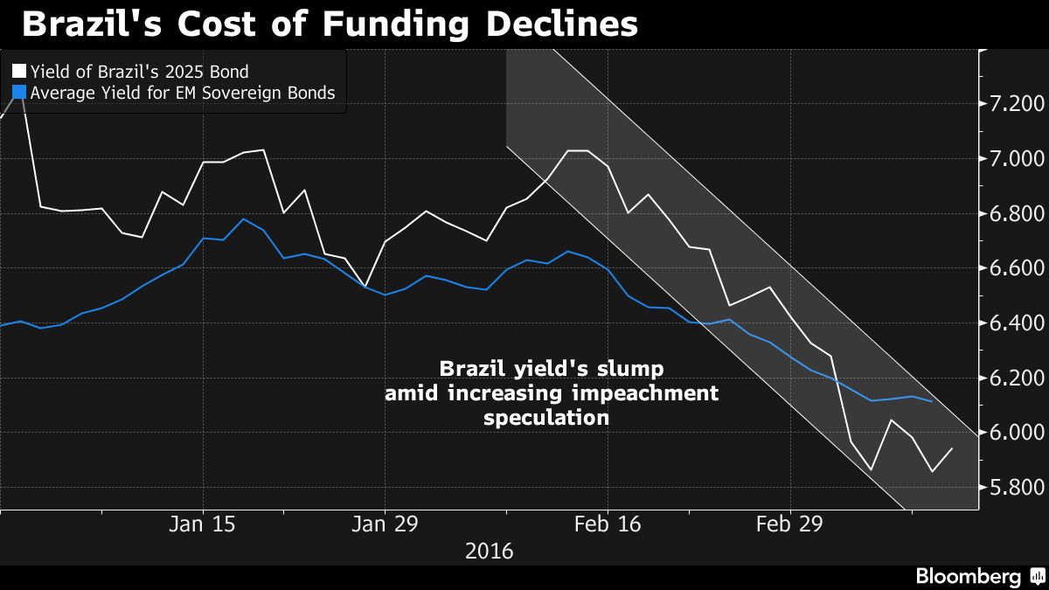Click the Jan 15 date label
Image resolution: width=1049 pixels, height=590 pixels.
203,524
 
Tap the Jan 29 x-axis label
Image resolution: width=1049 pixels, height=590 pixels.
385,524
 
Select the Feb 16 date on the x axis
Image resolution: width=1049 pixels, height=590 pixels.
607,524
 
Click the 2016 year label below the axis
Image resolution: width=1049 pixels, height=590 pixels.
490,552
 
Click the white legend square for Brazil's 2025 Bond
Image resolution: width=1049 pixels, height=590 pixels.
18,71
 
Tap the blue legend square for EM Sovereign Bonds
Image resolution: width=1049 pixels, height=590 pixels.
18,93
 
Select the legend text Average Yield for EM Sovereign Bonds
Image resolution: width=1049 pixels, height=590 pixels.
182,93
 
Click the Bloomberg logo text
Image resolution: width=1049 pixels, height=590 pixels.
968,576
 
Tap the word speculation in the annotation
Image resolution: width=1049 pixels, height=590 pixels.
546,418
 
